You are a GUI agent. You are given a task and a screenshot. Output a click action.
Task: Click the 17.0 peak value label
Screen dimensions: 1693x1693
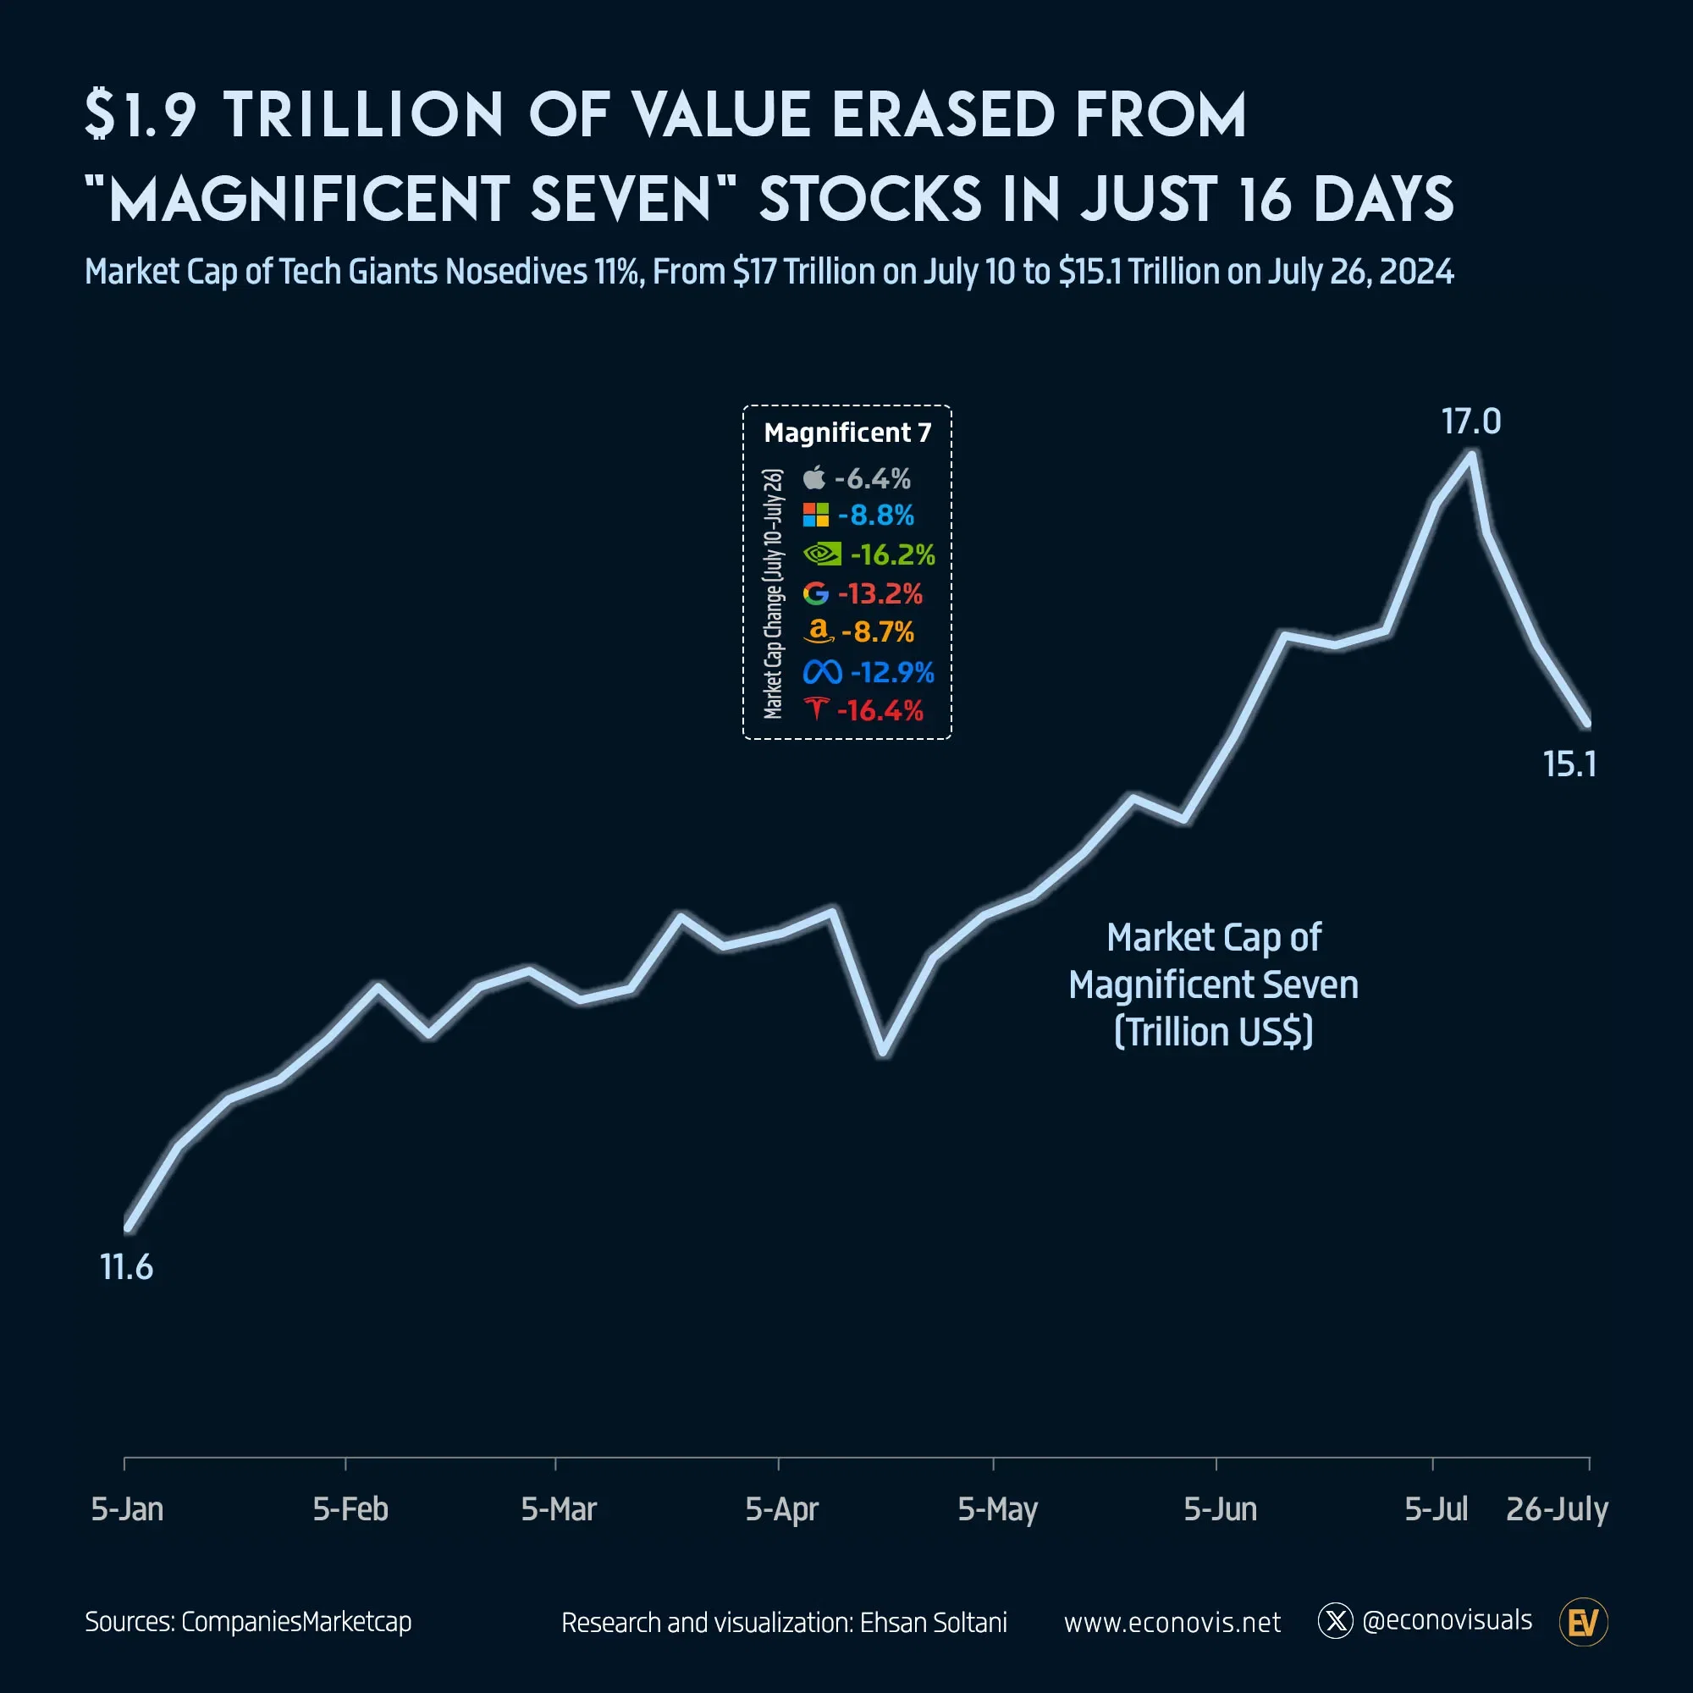[1470, 422]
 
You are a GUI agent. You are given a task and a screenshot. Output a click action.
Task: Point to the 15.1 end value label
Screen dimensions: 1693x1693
[1569, 764]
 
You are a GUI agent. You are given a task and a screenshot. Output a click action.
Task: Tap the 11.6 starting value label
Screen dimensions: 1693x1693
[126, 1267]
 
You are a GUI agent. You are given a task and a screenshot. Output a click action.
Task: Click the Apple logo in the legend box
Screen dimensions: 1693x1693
[814, 477]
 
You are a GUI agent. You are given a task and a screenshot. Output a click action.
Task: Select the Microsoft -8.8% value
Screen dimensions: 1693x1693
[875, 516]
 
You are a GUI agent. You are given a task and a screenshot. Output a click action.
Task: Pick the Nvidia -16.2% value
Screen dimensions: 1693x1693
[892, 554]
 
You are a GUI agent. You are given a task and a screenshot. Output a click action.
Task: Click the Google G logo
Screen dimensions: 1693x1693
[816, 593]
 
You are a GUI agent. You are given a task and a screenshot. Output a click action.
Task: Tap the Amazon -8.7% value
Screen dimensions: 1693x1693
[877, 631]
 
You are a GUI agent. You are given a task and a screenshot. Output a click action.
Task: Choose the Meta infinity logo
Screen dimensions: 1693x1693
[822, 672]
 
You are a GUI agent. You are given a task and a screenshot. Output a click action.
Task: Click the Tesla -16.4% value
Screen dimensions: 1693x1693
[880, 711]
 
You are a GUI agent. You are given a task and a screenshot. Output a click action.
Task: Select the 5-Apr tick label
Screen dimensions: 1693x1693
[780, 1509]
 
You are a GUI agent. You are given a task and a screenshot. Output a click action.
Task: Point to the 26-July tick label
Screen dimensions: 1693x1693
[1557, 1509]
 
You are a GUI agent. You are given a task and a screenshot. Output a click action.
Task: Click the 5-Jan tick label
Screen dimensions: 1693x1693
[127, 1509]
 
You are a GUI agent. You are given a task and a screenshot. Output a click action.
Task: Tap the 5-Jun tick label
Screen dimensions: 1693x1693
[1220, 1509]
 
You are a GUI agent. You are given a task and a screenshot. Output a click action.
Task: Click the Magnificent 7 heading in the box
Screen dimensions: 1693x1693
[847, 433]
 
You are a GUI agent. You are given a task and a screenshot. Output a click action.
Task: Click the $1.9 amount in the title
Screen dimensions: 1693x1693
[141, 116]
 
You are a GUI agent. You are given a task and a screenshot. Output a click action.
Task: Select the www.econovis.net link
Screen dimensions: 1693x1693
[1172, 1622]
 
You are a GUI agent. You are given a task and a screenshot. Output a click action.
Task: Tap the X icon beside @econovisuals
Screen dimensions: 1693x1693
[1336, 1621]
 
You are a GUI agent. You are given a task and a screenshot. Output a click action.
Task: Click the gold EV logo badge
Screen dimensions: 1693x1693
[1584, 1622]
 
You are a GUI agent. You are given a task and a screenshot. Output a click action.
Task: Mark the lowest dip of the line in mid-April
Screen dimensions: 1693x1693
[883, 1052]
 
